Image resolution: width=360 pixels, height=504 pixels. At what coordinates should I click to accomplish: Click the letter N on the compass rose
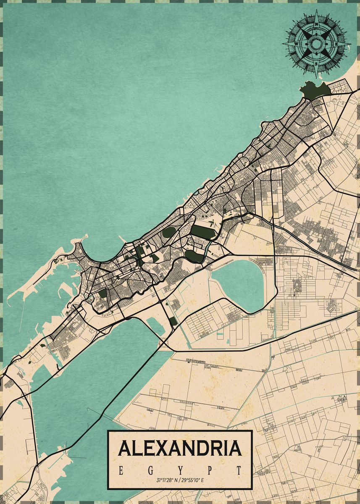tap(316, 24)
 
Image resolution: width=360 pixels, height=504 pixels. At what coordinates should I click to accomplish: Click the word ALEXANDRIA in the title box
tap(180, 448)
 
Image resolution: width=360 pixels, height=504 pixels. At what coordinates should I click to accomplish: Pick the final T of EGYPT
tap(239, 470)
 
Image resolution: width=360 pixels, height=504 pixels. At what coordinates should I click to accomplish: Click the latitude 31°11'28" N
tap(167, 480)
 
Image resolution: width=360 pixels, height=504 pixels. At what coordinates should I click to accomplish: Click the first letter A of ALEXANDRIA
tap(125, 448)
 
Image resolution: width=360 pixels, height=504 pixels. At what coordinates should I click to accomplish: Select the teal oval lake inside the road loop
tap(237, 283)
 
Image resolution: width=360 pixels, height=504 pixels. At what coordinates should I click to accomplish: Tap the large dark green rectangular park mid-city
tap(203, 232)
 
